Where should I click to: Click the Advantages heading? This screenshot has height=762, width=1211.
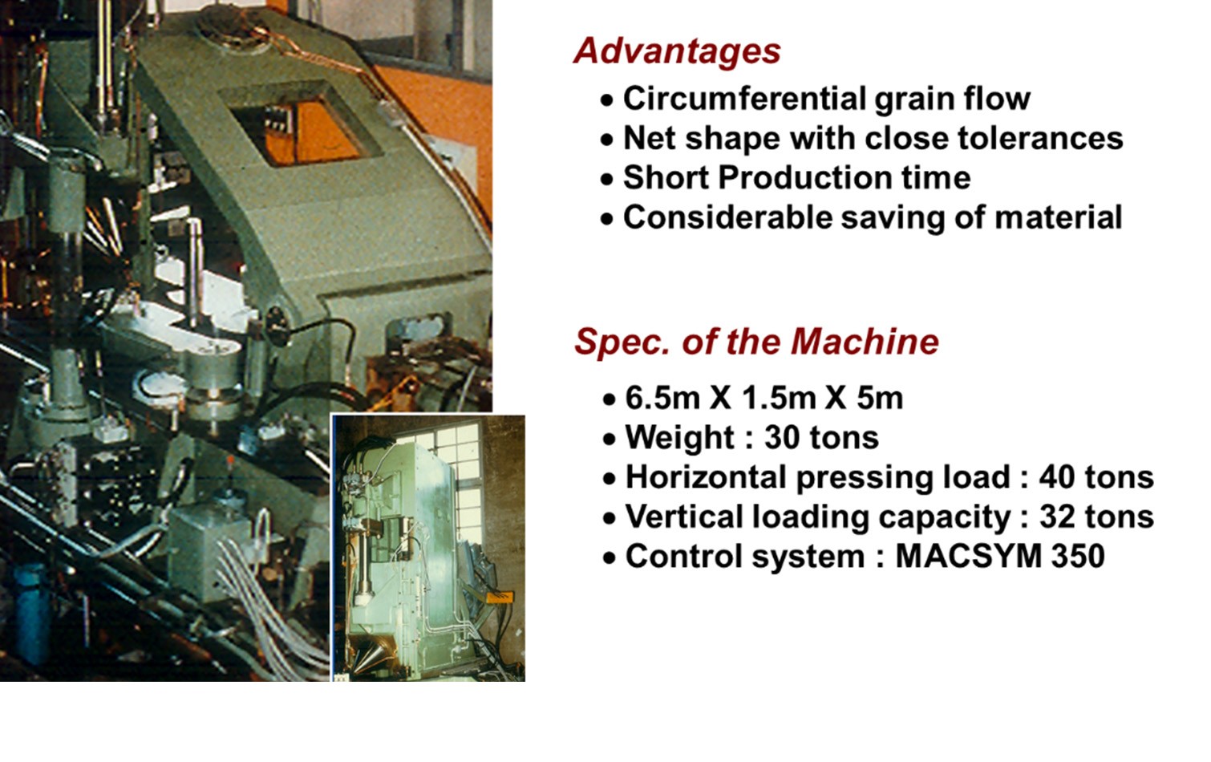pyautogui.click(x=677, y=51)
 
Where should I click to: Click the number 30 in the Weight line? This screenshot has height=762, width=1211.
pyautogui.click(x=781, y=437)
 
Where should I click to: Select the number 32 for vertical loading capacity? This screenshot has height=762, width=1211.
pyautogui.click(x=1056, y=517)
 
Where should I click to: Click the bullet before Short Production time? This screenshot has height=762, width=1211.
pyautogui.click(x=607, y=180)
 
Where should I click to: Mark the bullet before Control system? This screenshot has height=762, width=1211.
pyautogui.click(x=610, y=558)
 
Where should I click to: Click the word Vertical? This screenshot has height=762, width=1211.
pyautogui.click(x=683, y=517)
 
